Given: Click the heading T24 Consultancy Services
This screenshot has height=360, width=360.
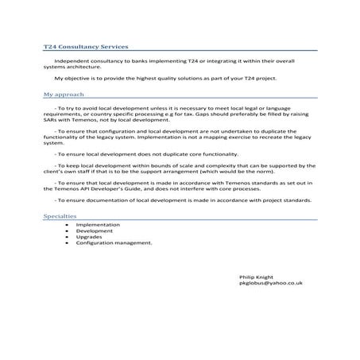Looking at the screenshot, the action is [x=85, y=47].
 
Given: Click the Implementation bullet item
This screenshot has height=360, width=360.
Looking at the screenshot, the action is [x=98, y=225].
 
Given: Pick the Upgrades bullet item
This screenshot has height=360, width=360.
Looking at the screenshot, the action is [x=89, y=237].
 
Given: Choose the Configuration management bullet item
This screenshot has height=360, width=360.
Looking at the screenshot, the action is [x=113, y=242].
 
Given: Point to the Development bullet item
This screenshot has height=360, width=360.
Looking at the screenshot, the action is [x=95, y=231].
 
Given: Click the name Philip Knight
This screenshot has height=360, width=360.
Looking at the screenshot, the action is [x=255, y=276].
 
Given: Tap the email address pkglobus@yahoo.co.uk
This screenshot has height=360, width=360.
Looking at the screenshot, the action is [x=270, y=282].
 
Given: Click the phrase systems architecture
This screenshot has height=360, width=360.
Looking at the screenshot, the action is [x=68, y=67].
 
